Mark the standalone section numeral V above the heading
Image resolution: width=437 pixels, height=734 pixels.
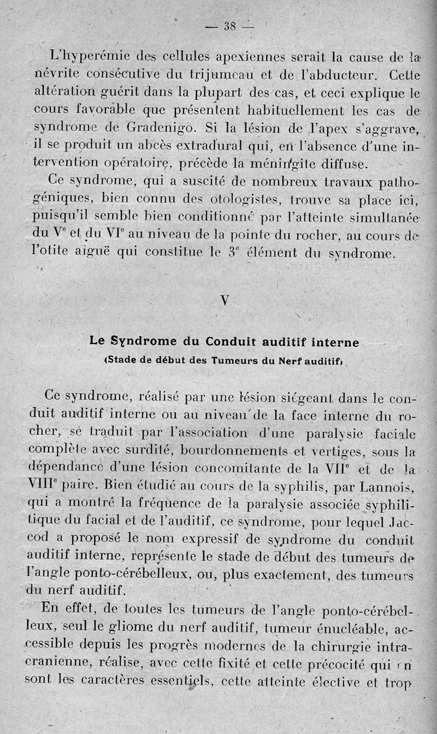[x=225, y=302]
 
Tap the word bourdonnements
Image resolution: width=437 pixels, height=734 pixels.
[x=233, y=451]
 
